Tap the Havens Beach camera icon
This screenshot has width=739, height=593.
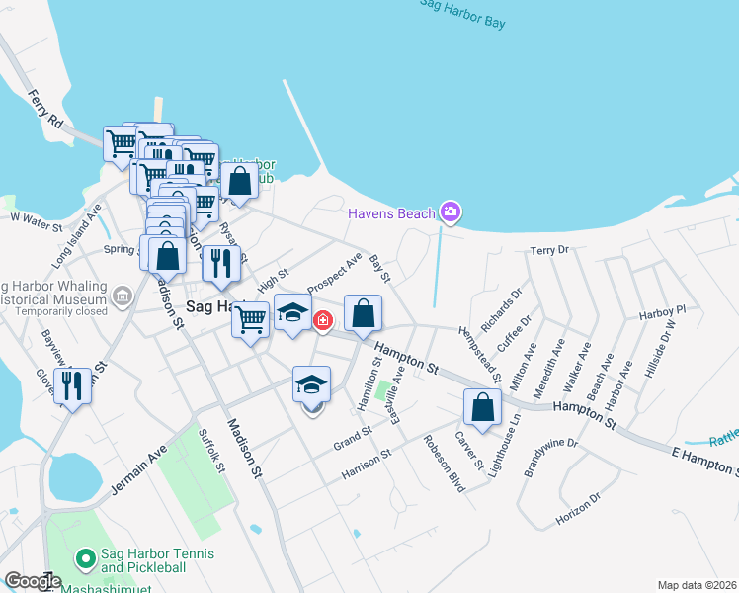[x=451, y=212]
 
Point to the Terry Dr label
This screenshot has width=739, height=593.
[x=550, y=251]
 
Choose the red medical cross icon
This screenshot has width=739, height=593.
[x=322, y=321]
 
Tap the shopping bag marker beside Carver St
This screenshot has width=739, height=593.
[x=482, y=407]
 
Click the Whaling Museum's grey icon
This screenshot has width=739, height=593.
[x=122, y=295]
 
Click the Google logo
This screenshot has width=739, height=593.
[x=33, y=581]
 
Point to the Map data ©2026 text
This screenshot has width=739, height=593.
[x=697, y=585]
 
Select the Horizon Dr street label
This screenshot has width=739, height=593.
[x=578, y=512]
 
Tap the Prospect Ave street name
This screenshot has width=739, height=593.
[x=335, y=274]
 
